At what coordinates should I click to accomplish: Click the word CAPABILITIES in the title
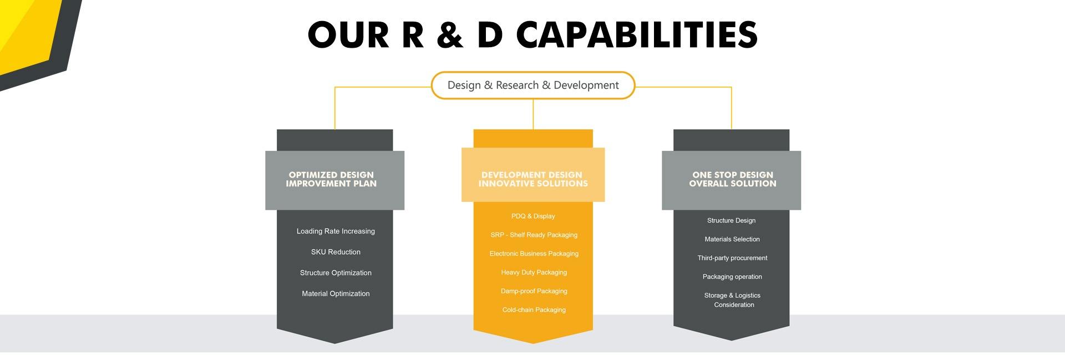point(637,35)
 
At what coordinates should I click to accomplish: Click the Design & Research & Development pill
point(533,85)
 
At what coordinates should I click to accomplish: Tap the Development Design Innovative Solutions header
point(533,179)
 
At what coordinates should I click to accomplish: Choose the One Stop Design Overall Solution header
point(732,179)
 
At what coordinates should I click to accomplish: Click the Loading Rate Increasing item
point(336,231)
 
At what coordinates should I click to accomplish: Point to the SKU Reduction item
point(336,252)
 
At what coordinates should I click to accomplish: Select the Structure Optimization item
point(336,273)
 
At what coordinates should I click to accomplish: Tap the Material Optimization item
point(336,293)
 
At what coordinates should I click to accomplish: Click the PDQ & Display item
point(533,216)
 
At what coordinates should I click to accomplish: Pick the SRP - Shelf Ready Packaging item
point(534,235)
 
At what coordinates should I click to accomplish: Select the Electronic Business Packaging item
point(534,253)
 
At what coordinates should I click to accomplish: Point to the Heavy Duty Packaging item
point(534,272)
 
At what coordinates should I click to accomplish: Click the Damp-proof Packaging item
point(534,291)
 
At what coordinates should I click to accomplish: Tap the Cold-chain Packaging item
point(534,310)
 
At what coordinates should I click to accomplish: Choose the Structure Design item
point(731,221)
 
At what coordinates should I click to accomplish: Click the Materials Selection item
point(732,240)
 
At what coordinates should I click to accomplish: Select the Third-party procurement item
point(732,258)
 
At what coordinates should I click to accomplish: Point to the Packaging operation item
point(732,277)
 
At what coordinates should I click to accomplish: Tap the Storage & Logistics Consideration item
point(733,300)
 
